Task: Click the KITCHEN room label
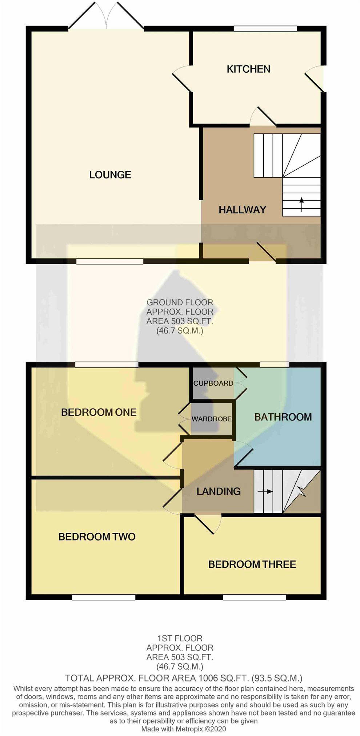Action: (248, 69)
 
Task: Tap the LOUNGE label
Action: (110, 175)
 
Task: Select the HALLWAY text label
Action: (242, 210)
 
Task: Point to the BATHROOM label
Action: (283, 417)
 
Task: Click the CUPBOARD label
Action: (213, 383)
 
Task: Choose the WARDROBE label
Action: (211, 419)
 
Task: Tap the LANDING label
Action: (219, 491)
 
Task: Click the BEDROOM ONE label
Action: (99, 412)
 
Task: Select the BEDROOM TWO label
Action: (97, 537)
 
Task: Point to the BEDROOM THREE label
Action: (252, 564)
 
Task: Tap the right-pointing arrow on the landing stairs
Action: (265, 492)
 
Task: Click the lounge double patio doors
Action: (106, 15)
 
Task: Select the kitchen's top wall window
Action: (265, 29)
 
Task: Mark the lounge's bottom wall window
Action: (110, 261)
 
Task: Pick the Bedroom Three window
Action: (255, 597)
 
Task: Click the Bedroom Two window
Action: (104, 597)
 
